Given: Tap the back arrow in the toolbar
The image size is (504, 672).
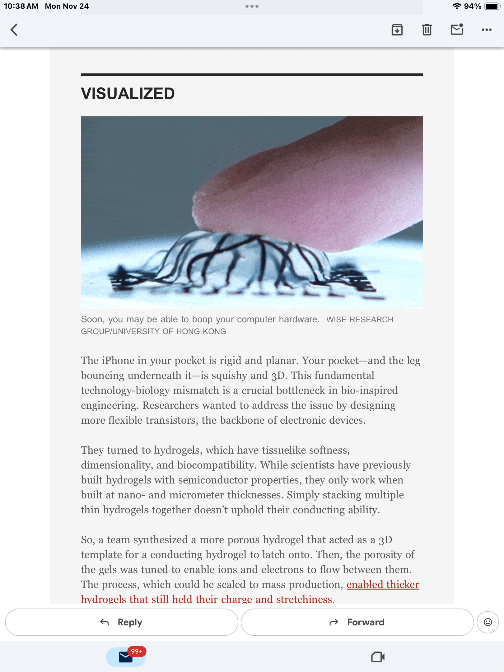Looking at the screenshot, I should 14,30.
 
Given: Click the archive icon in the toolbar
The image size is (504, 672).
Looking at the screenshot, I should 397,30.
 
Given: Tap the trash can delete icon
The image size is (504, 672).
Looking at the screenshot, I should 427,30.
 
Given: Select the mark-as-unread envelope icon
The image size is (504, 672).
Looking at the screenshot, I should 457,30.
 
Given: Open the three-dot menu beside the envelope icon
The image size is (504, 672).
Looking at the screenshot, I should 487,30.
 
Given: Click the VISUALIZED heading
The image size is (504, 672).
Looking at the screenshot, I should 128,93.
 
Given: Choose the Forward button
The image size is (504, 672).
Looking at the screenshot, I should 357,622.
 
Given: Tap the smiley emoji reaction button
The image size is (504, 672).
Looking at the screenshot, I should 488,622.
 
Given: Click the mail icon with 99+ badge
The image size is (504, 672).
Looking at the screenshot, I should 126,657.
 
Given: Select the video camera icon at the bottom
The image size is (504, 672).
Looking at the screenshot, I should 378,657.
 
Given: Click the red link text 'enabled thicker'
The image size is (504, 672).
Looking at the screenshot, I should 383,585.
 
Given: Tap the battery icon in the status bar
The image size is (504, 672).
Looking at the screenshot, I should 492,6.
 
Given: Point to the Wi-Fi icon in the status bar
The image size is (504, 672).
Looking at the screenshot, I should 457,6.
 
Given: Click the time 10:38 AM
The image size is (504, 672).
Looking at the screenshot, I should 21,6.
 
